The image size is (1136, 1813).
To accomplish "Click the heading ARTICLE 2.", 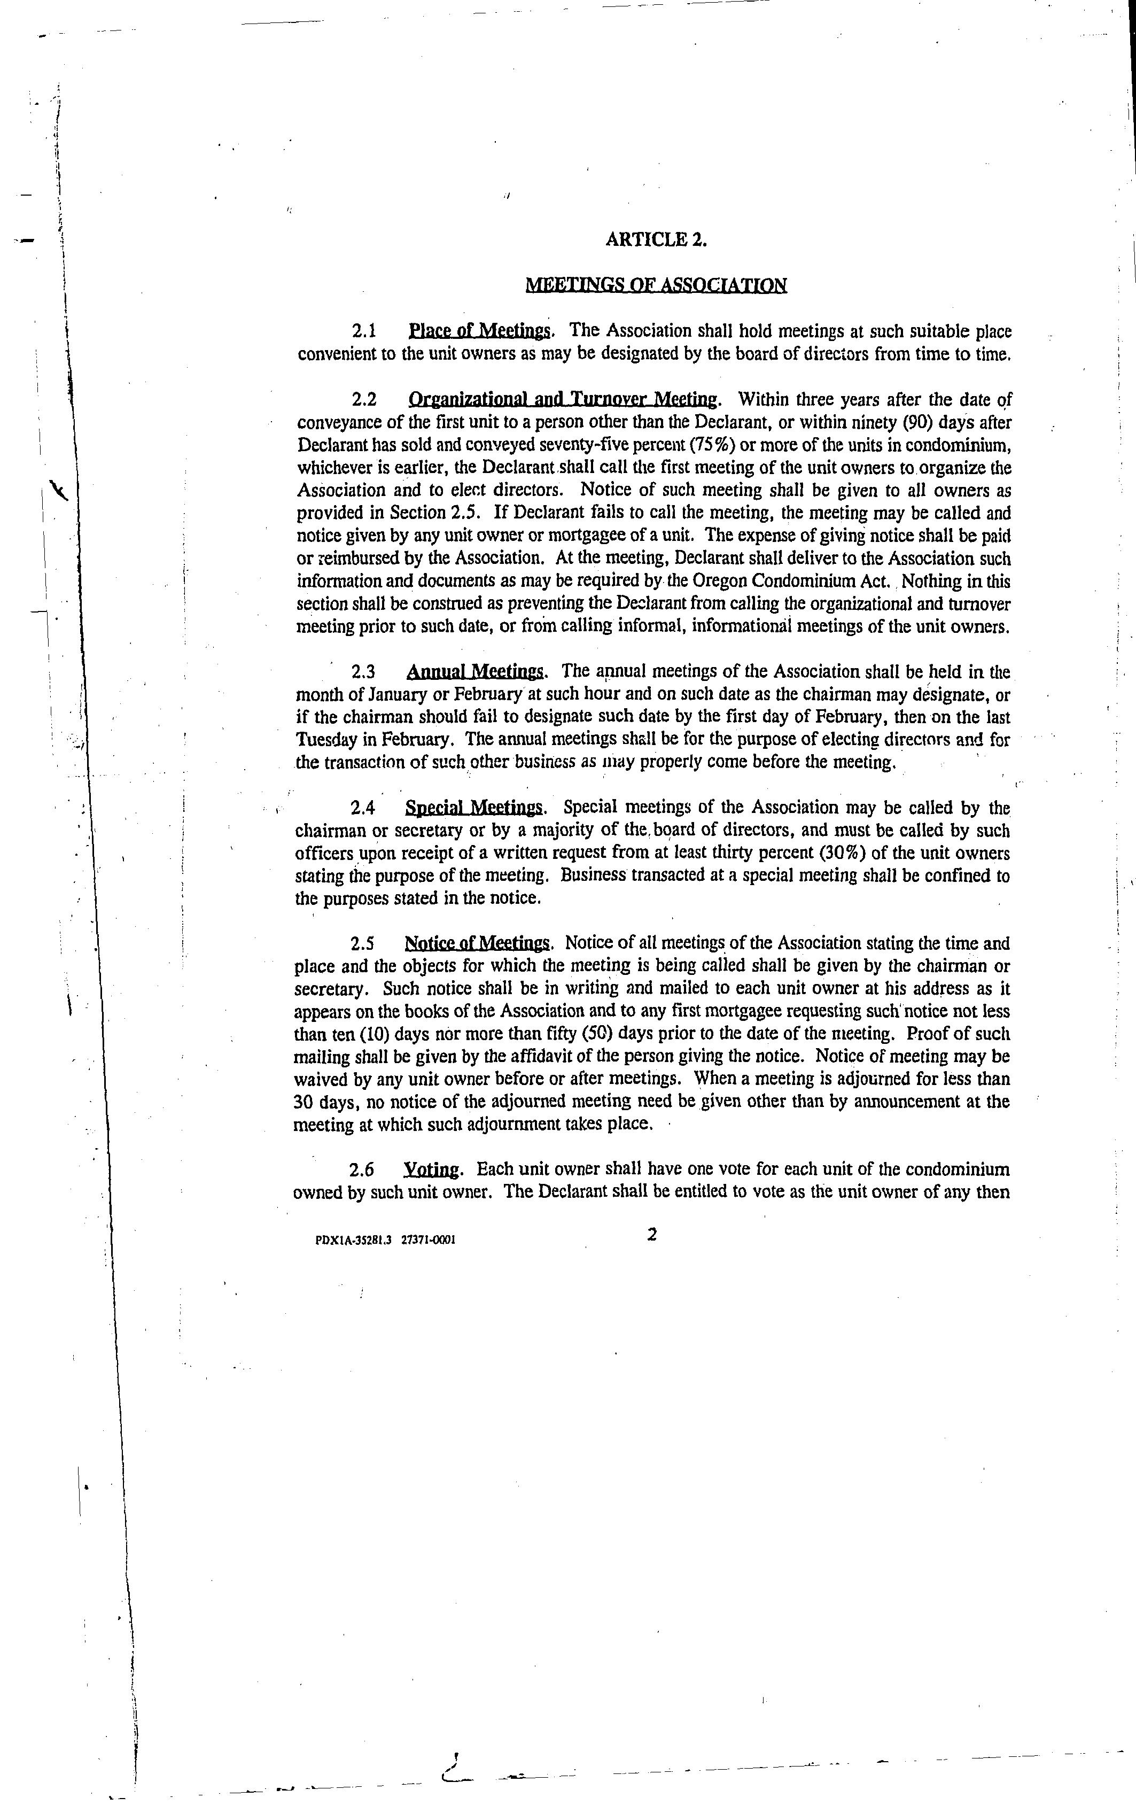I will (x=656, y=239).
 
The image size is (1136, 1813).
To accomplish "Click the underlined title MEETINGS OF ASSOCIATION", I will (x=656, y=285).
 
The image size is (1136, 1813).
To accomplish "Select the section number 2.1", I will (x=364, y=331).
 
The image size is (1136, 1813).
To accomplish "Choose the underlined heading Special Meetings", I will (x=474, y=808).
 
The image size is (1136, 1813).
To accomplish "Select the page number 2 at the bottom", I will (x=652, y=1234).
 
